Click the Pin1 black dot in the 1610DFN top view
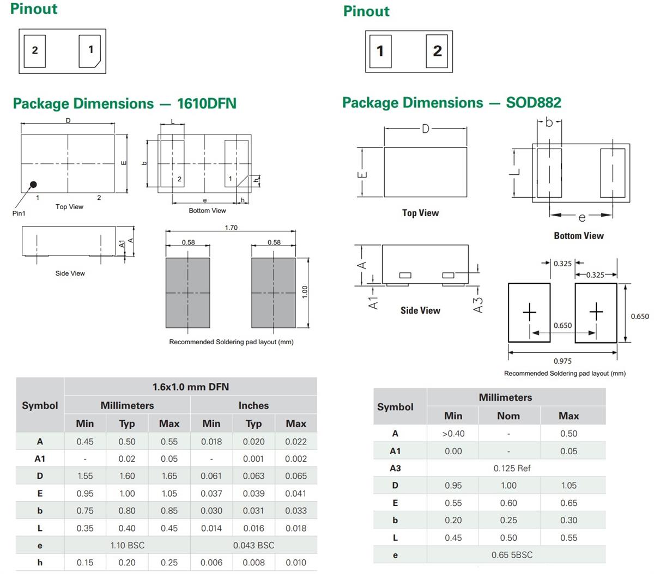tap(33, 185)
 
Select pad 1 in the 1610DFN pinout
tap(90, 51)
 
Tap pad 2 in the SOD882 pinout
tap(437, 51)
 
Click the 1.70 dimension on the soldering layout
tap(231, 228)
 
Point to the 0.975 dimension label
tap(562, 361)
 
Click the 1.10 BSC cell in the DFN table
tap(127, 545)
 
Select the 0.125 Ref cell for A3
tap(512, 468)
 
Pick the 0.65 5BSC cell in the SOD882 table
tap(512, 555)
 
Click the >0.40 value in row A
tap(453, 433)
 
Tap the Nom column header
tap(508, 416)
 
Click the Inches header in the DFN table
tap(253, 406)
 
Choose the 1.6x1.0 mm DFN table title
tap(190, 387)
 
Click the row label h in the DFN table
tap(40, 563)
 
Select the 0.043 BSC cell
tap(253, 545)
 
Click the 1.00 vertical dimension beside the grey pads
tap(305, 292)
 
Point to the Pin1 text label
tap(19, 213)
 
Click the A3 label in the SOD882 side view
tap(478, 304)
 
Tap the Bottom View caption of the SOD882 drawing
tap(578, 236)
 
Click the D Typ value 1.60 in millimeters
tap(127, 476)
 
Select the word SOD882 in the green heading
tap(533, 102)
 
